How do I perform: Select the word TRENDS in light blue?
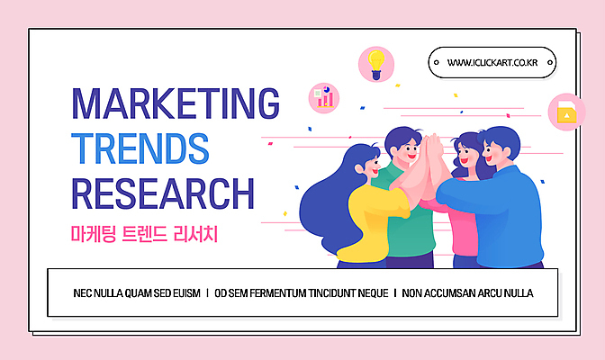(140, 148)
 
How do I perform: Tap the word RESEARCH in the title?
(162, 193)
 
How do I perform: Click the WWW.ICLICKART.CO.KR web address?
(492, 62)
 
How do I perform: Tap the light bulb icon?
(376, 62)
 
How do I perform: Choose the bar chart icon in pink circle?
(323, 96)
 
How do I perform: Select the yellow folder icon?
(566, 112)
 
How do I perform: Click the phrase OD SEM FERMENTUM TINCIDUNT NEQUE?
(302, 293)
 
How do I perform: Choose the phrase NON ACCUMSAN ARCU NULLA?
(467, 293)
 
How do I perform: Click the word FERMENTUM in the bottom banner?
(276, 293)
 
